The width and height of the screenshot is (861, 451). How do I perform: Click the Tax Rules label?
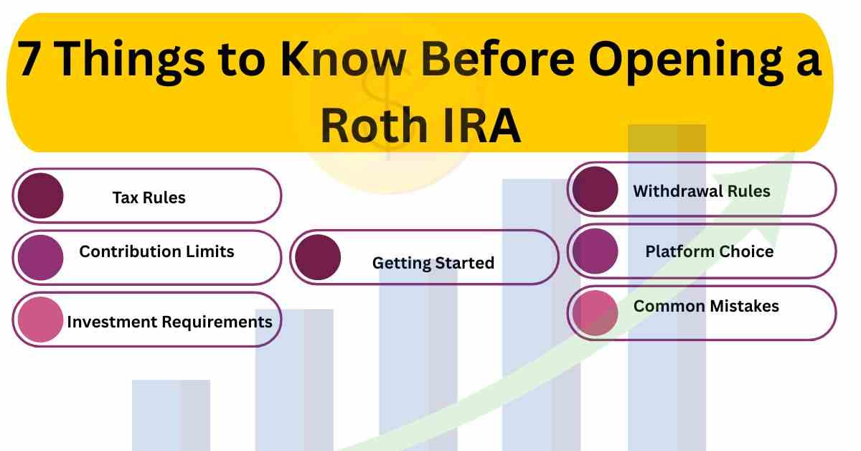point(149,197)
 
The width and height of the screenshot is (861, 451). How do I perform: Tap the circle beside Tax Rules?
point(40,196)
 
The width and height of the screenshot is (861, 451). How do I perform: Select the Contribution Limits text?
point(156,251)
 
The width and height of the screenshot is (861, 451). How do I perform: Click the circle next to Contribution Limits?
point(40,257)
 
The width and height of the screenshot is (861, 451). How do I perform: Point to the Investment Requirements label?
point(169,322)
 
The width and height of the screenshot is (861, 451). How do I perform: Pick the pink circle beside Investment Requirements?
point(40,320)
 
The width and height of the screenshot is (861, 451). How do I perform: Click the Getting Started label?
point(433,263)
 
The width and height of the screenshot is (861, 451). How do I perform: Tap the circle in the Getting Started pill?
point(318,257)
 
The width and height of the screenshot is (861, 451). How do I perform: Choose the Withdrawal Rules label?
point(701,191)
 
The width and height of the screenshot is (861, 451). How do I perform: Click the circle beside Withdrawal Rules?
point(595,190)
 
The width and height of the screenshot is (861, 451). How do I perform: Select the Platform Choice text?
point(709,251)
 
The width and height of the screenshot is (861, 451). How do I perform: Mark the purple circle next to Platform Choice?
point(595,251)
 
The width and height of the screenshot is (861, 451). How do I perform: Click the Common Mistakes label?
point(706,306)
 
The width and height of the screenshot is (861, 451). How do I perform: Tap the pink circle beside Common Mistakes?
point(595,313)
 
